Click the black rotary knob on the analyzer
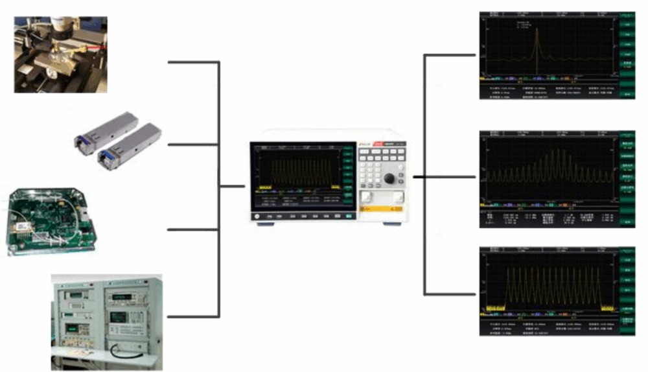point(389,178)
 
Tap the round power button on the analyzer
point(258,216)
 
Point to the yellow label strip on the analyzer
point(382,209)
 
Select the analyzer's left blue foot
point(265,224)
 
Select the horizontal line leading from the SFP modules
point(193,144)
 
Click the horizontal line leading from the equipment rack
point(193,316)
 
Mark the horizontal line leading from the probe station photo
point(193,62)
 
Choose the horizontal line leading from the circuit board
point(193,229)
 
